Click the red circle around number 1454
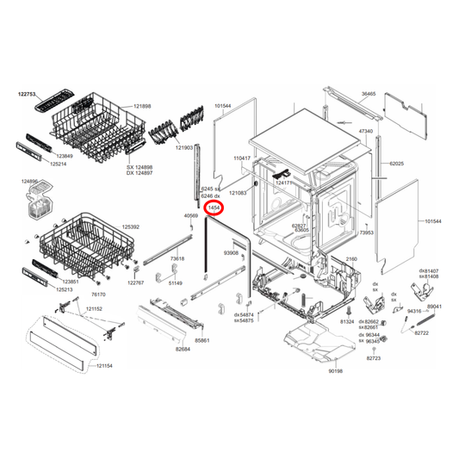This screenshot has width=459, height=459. (x=215, y=208)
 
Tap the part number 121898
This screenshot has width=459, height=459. (x=141, y=106)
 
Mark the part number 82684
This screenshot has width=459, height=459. (x=183, y=350)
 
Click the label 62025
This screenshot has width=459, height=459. (x=396, y=163)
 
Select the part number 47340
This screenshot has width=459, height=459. (x=366, y=132)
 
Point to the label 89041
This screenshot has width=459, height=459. (x=434, y=306)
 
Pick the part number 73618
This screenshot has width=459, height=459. (x=177, y=258)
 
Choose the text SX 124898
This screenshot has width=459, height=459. (x=140, y=167)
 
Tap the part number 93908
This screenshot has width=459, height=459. (x=231, y=253)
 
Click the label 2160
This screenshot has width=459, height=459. (x=350, y=258)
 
